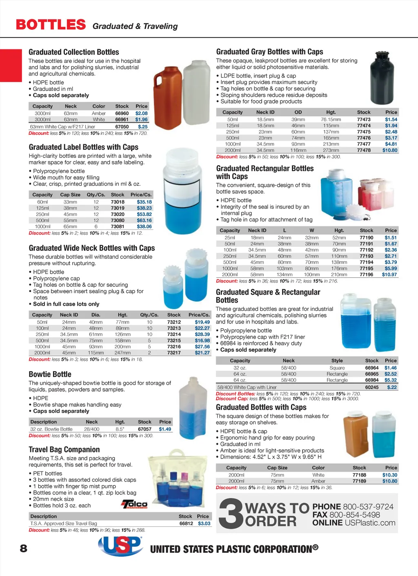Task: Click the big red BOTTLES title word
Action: [x=51, y=25]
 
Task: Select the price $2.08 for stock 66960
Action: [x=141, y=113]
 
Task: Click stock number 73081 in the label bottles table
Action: [x=118, y=226]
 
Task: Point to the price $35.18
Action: [x=144, y=202]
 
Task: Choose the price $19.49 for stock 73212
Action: [x=202, y=322]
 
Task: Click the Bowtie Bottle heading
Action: [x=50, y=374]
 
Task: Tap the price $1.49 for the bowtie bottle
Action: [x=165, y=429]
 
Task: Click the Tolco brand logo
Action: [x=135, y=505]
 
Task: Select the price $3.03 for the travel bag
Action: [x=204, y=523]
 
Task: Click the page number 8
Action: [x=24, y=548]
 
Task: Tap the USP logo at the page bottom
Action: [x=120, y=545]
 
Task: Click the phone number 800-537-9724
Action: [x=368, y=507]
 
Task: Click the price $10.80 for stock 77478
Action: [x=390, y=150]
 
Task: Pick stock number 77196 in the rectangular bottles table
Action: [x=366, y=275]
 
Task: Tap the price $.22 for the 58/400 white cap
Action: [x=391, y=387]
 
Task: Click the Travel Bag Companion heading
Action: [x=64, y=450]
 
